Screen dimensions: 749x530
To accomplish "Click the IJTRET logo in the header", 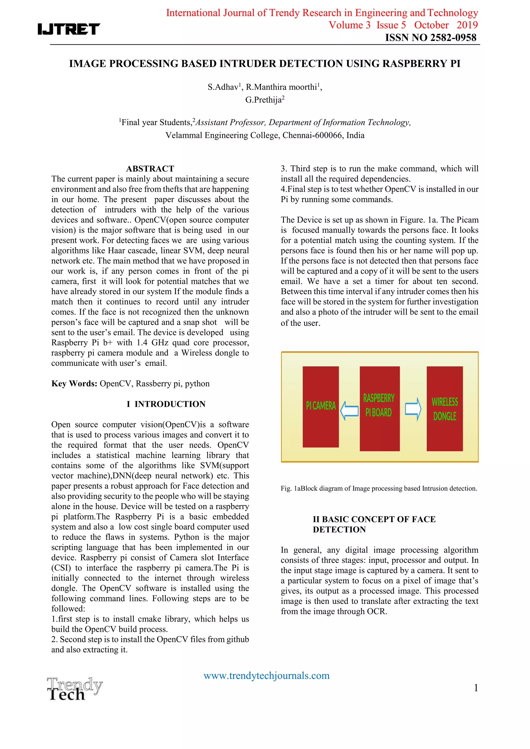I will (69, 29).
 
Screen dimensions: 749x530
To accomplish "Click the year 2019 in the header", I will (467, 25).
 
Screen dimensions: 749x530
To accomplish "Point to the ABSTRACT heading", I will (150, 169).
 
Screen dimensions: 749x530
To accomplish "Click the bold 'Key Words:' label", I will (74, 383).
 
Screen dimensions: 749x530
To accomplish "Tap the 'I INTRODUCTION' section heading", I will (166, 404).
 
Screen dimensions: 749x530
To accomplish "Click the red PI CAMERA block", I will (320, 406).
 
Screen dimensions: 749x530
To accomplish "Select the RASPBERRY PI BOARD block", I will (379, 409).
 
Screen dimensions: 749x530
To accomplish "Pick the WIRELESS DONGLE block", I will (445, 409).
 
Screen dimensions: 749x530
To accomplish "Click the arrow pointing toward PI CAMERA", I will (349, 411).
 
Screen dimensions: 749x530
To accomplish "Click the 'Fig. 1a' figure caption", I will (379, 488).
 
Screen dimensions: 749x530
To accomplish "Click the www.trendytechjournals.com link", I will (266, 675).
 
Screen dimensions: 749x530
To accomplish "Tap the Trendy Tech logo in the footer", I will (75, 689).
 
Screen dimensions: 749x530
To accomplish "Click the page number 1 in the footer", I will (476, 688).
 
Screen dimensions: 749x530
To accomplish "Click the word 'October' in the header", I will (431, 25).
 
